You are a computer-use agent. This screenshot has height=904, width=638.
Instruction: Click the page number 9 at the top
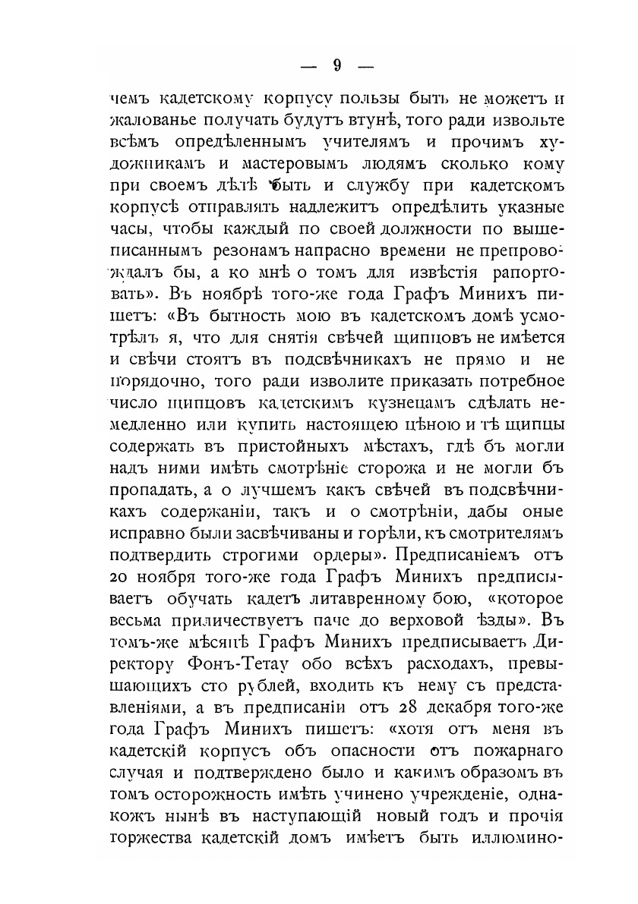pos(336,65)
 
